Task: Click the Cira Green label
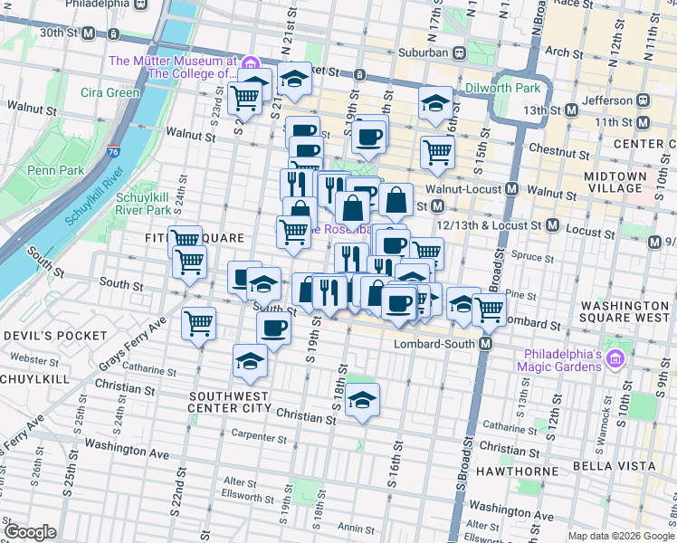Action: point(110,92)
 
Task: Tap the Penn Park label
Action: point(56,169)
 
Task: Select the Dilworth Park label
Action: point(502,88)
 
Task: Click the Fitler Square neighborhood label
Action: point(194,238)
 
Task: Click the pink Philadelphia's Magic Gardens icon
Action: point(616,359)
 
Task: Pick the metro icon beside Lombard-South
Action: point(486,345)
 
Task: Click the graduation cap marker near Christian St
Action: point(362,399)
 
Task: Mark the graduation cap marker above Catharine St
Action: point(250,360)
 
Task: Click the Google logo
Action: point(30,532)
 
